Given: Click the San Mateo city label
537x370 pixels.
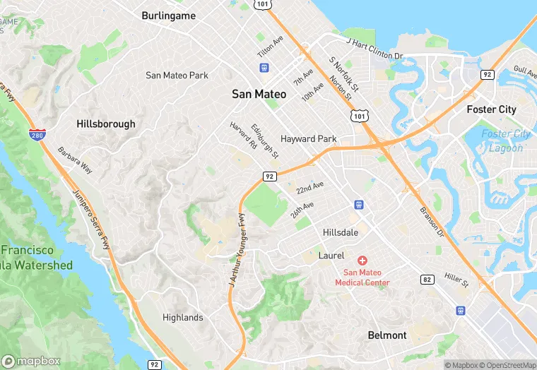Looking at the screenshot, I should (259, 94).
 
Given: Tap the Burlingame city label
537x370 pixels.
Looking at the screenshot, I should (168, 15).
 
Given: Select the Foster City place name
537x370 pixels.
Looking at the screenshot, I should (492, 109).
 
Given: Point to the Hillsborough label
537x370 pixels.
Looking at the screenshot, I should (105, 124).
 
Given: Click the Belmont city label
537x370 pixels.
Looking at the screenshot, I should (387, 335).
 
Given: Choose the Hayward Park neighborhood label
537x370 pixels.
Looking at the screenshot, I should (308, 139).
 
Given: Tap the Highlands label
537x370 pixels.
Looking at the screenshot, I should (182, 317).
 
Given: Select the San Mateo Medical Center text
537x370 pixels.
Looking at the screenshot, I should (366, 277).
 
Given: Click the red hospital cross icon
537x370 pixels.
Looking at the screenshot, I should (362, 261).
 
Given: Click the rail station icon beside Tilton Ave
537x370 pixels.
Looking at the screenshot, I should (264, 68).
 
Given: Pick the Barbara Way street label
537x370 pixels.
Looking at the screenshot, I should (75, 160).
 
